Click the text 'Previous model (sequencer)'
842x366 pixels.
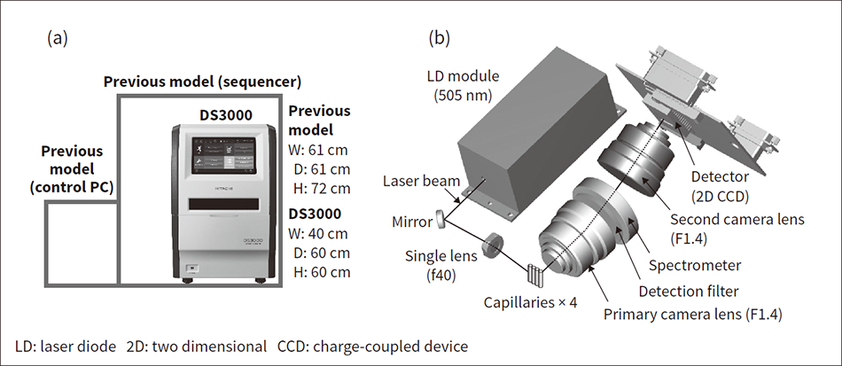click(203, 82)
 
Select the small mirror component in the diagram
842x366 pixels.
click(440, 218)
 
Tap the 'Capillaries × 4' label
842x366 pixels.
click(533, 302)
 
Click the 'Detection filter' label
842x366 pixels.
click(690, 289)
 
